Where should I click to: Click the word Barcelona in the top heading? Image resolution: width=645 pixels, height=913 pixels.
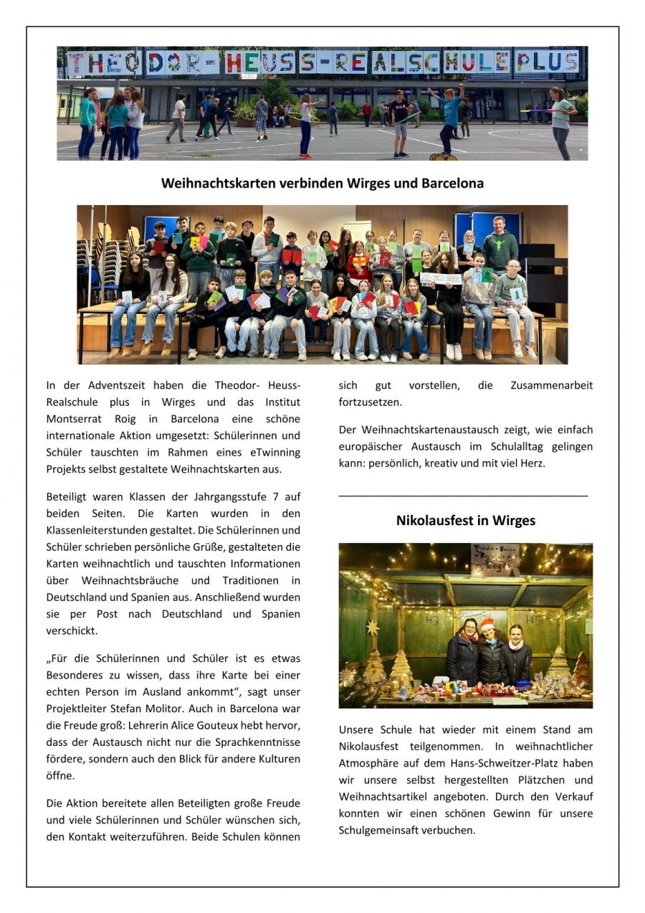(x=452, y=183)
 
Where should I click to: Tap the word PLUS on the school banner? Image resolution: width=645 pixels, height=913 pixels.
(x=547, y=62)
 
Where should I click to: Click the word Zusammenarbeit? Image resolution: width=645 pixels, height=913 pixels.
(x=551, y=385)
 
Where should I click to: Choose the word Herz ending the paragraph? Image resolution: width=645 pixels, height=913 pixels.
(x=533, y=463)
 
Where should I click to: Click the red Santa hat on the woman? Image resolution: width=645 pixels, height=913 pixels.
(x=488, y=624)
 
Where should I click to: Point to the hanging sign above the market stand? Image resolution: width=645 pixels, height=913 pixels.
(x=494, y=560)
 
